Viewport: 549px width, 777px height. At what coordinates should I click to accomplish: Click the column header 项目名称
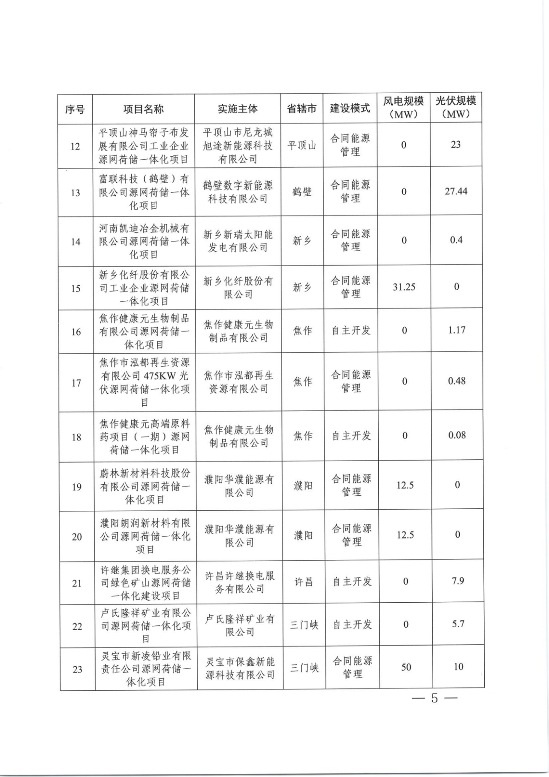click(143, 109)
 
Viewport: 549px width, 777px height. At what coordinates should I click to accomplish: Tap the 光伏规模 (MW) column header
click(455, 107)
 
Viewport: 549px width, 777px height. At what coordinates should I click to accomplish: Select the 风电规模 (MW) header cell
click(403, 107)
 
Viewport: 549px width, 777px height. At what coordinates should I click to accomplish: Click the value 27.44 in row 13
click(456, 191)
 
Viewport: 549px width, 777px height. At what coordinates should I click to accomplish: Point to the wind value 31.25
click(404, 287)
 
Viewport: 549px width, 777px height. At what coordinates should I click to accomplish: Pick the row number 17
click(76, 382)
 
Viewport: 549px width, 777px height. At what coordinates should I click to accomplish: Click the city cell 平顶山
click(302, 146)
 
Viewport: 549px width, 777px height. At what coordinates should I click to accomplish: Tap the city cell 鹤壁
click(302, 192)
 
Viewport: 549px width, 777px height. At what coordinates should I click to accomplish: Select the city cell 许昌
click(303, 582)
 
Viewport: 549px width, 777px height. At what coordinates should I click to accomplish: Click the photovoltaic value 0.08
click(457, 435)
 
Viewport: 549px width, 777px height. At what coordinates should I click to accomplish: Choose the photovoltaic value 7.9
click(458, 581)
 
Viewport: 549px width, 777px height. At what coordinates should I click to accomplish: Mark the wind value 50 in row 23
click(406, 667)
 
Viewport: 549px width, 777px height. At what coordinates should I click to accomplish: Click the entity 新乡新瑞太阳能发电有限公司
click(238, 241)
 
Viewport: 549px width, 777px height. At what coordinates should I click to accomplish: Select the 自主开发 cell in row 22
click(352, 625)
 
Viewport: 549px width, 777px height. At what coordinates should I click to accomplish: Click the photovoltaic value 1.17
click(457, 330)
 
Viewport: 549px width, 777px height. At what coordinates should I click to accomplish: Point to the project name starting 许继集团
click(145, 583)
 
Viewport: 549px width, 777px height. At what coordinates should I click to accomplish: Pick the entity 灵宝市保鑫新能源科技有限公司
click(240, 668)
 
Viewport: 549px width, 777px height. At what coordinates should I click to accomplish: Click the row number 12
click(75, 146)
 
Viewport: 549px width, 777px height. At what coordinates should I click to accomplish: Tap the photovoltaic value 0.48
click(457, 381)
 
